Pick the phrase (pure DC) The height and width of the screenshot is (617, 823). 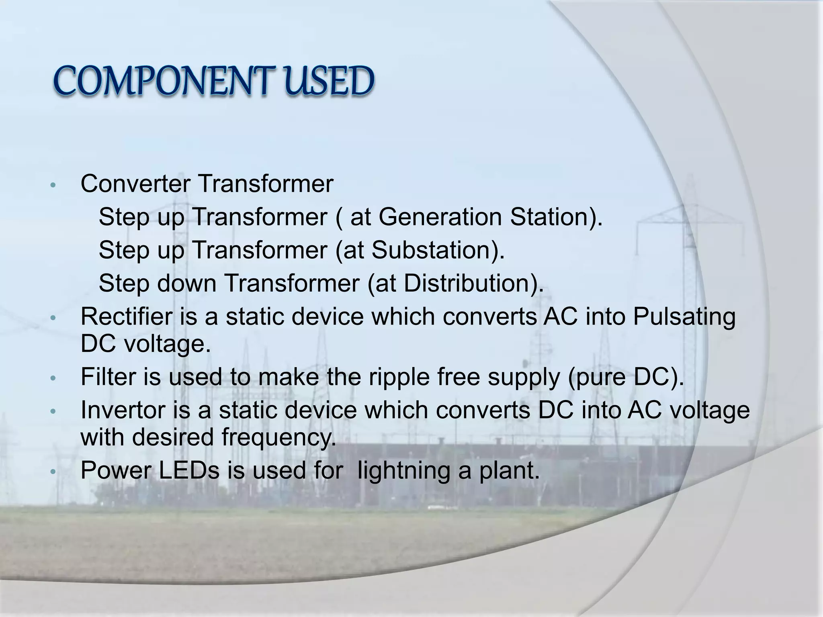coord(626,378)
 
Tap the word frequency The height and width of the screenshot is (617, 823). coord(279,437)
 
